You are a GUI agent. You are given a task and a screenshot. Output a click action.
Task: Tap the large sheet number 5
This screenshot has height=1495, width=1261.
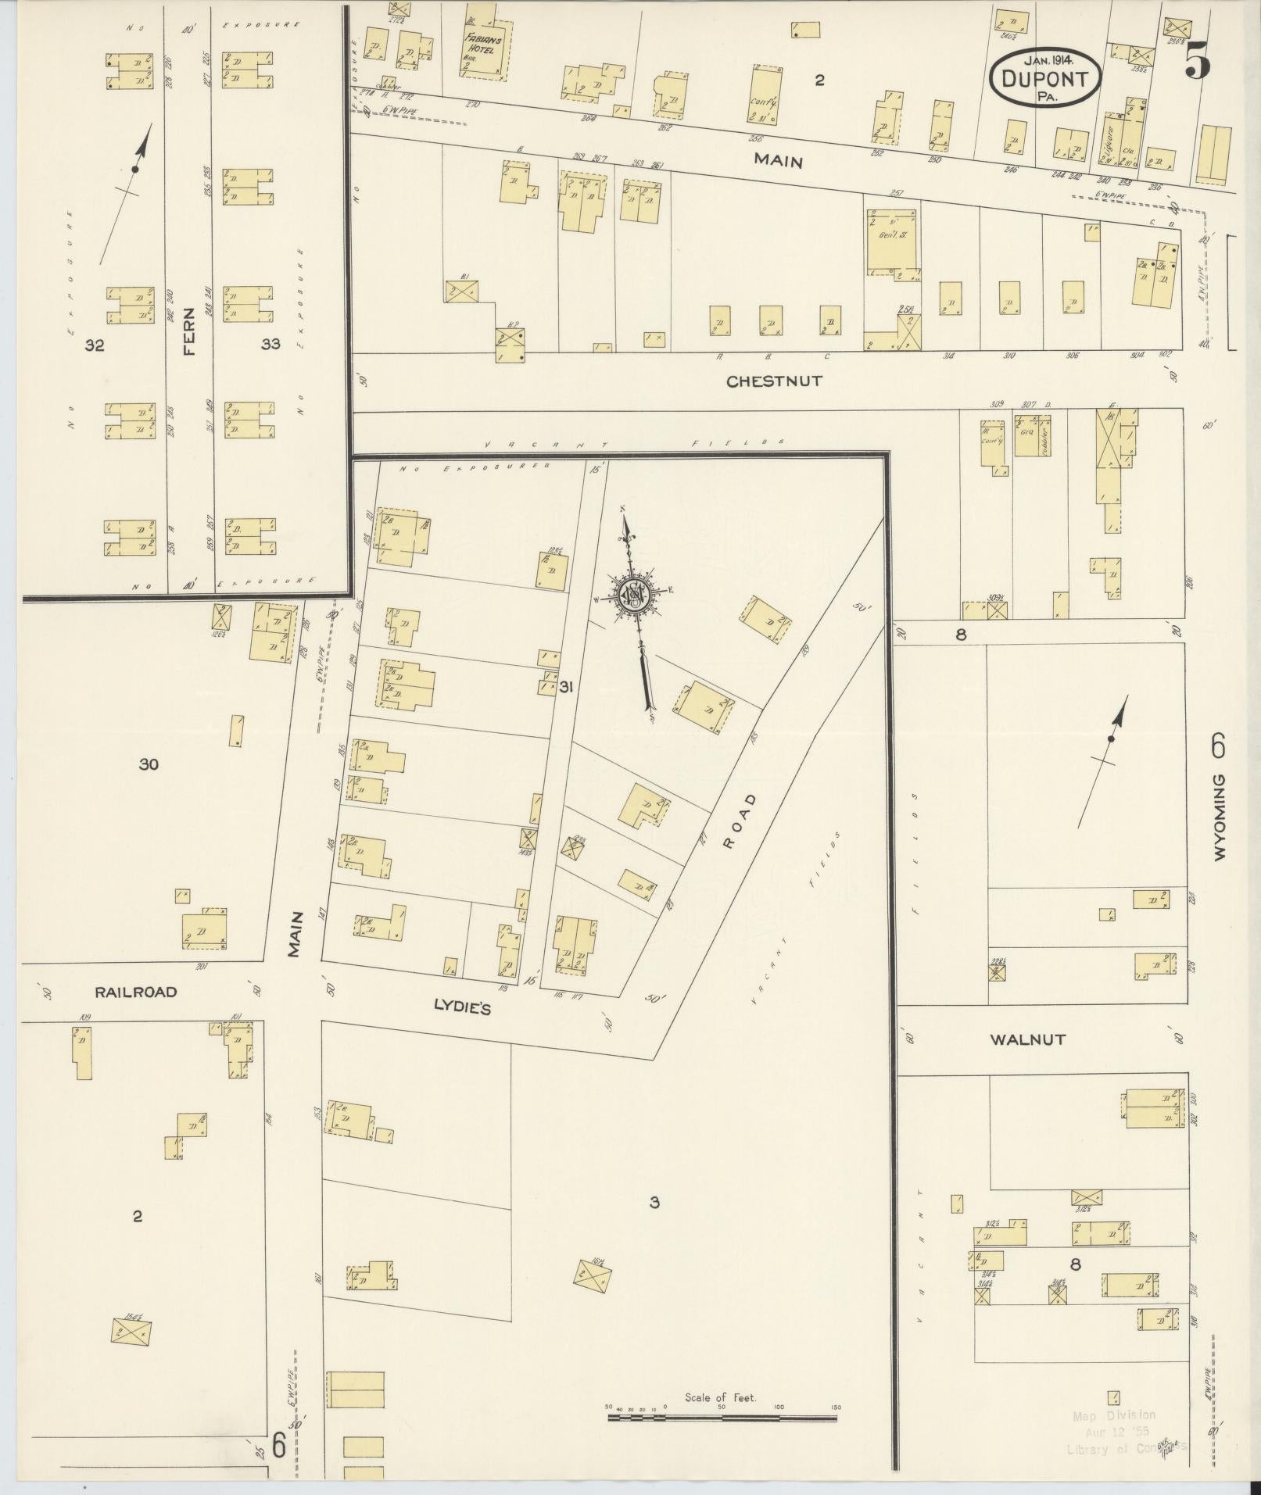click(x=1197, y=61)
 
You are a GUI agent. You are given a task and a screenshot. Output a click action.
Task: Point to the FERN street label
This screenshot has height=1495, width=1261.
click(x=188, y=342)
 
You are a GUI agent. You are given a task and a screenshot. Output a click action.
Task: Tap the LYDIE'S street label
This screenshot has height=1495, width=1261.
click(x=462, y=1009)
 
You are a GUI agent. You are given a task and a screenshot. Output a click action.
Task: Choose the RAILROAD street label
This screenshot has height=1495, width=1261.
click(x=136, y=992)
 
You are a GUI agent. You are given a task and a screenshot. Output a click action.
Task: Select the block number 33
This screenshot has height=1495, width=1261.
click(x=270, y=344)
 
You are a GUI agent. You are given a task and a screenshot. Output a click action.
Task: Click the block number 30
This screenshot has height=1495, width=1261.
click(x=149, y=764)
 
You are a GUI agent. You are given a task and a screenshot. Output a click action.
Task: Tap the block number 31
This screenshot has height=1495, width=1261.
click(x=567, y=687)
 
